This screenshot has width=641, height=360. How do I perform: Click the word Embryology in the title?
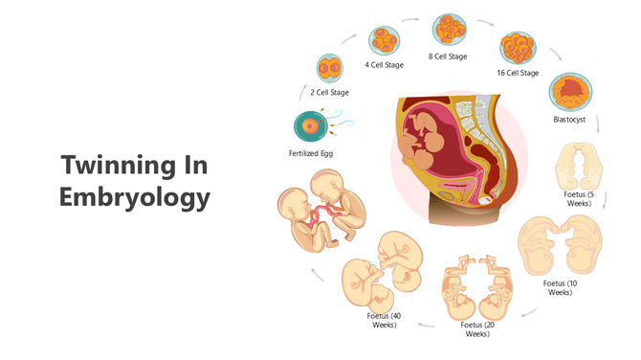(x=133, y=197)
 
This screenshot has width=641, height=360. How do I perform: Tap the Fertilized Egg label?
(x=311, y=153)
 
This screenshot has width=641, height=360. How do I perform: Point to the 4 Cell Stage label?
(x=384, y=65)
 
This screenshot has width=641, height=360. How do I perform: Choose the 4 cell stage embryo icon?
(x=385, y=40)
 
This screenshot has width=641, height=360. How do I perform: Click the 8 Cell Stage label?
(x=448, y=56)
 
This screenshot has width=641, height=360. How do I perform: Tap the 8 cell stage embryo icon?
(x=449, y=29)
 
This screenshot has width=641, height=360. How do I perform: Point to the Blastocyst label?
(x=570, y=120)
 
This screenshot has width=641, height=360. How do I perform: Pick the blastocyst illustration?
(x=570, y=93)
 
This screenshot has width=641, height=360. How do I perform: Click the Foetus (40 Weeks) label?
(x=384, y=320)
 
